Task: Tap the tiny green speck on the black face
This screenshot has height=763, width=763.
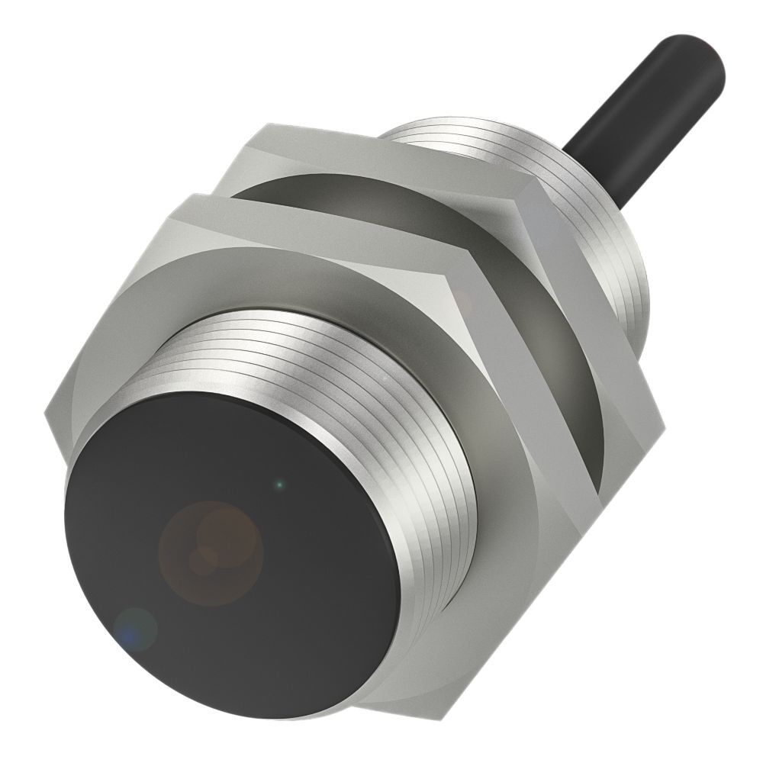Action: tap(280, 483)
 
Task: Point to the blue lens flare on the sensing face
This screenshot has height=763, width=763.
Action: tap(136, 629)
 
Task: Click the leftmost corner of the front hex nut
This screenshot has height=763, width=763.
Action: tap(47, 416)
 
